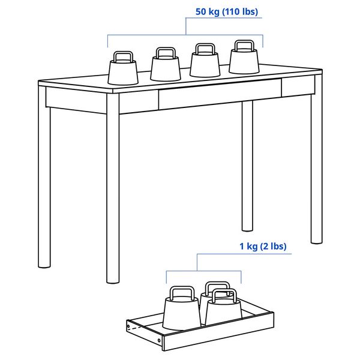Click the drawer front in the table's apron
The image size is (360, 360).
[219, 97]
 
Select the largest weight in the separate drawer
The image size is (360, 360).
[181, 313]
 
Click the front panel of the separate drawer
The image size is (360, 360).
[144, 335]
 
